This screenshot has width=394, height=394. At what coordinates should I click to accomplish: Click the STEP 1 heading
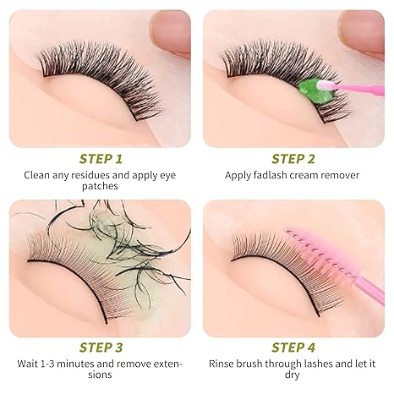(x=101, y=158)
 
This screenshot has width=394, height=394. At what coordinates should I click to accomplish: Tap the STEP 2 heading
(x=293, y=158)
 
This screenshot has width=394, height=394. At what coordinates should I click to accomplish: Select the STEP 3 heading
(x=101, y=347)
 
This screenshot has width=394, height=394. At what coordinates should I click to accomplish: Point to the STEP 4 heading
(x=293, y=347)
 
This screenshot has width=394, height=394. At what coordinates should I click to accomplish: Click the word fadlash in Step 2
(x=275, y=175)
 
